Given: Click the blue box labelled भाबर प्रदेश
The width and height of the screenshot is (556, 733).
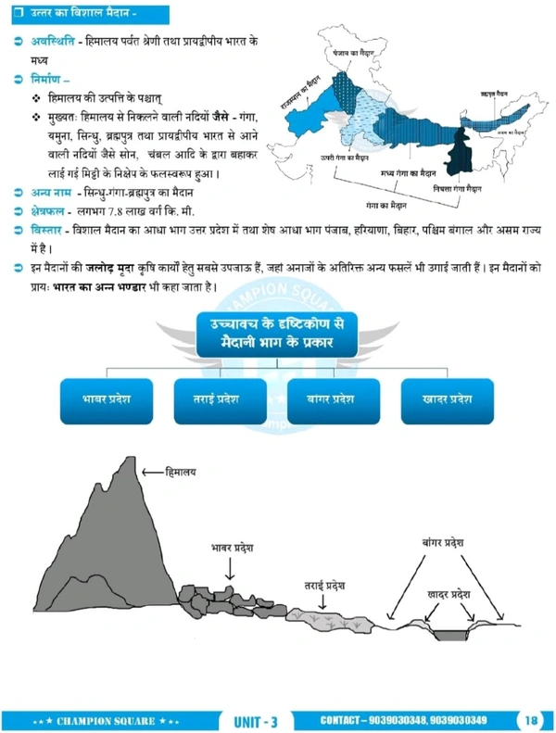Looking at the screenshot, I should click(104, 400).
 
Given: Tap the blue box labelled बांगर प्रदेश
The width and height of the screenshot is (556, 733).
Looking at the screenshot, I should click(331, 400).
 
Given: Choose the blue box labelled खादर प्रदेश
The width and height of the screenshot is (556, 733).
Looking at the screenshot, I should click(448, 400).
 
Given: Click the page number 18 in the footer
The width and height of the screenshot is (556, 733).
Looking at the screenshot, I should click(531, 720).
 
